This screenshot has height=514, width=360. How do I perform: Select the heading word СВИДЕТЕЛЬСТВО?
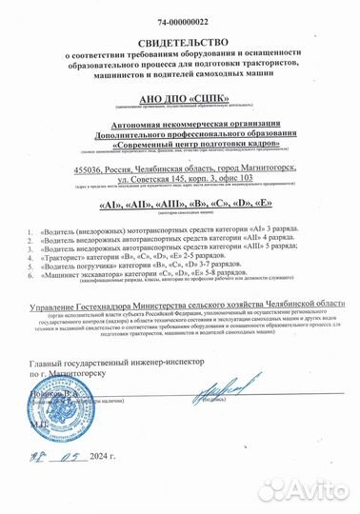[x=180, y=42]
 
